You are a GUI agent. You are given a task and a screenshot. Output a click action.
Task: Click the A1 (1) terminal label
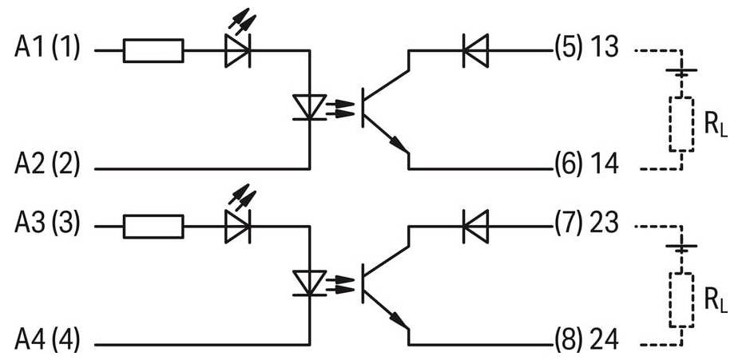(x=47, y=49)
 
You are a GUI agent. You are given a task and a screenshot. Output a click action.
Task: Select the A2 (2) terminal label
(x=47, y=167)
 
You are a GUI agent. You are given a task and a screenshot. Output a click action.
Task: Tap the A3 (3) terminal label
(x=47, y=225)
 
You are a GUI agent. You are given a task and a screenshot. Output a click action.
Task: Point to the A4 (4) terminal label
(x=47, y=343)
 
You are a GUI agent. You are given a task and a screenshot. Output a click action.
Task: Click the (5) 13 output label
(x=586, y=49)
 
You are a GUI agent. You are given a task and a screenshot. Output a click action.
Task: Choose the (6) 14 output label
(x=586, y=167)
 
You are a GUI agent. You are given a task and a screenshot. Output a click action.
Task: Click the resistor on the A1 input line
(x=153, y=51)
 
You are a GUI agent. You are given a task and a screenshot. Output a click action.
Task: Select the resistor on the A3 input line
(x=153, y=227)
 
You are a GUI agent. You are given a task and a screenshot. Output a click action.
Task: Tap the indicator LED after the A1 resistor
(x=237, y=51)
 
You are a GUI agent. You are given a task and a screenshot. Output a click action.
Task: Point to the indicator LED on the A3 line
(x=237, y=227)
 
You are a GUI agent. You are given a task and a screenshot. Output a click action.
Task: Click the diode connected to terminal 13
(x=476, y=51)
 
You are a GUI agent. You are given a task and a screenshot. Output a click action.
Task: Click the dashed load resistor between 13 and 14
(x=681, y=124)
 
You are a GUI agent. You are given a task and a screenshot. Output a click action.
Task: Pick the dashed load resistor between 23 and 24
(x=681, y=300)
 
